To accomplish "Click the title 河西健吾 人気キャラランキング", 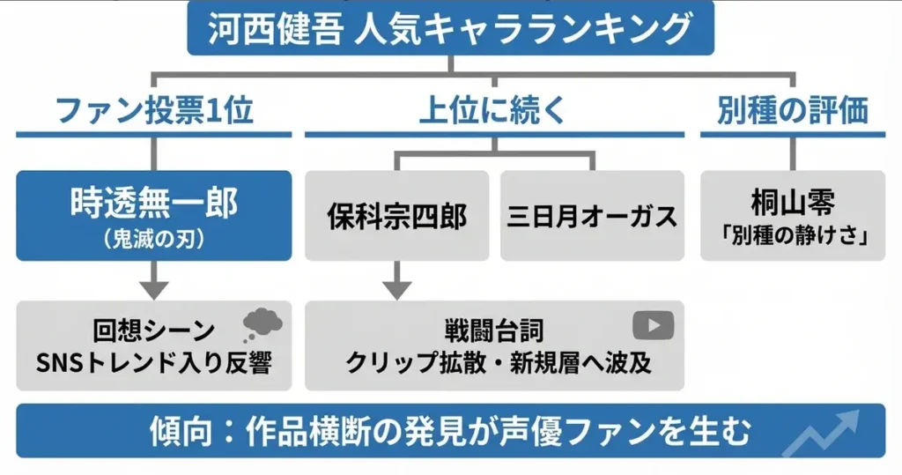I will [x=450, y=30].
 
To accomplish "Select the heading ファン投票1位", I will [x=154, y=111].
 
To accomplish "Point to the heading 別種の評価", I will [x=793, y=111].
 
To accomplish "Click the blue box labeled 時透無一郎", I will [x=154, y=214].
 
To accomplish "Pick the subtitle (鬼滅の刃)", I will [x=154, y=238].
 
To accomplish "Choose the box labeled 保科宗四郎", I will [x=396, y=216].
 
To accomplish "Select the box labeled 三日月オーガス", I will [x=592, y=216].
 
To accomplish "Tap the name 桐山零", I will [x=793, y=203].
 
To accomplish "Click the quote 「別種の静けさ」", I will [x=793, y=236].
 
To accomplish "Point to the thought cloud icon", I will [x=262, y=323].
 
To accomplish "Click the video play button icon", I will [x=653, y=325].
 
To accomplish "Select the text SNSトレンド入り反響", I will [x=154, y=363].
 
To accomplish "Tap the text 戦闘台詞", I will [x=494, y=331].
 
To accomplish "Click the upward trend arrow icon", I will [x=824, y=433].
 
